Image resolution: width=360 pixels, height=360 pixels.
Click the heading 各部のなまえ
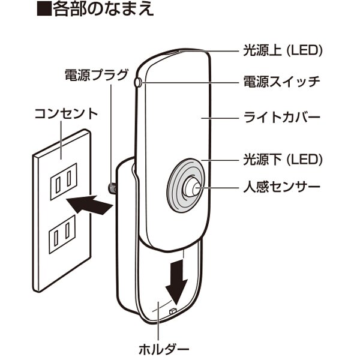104,10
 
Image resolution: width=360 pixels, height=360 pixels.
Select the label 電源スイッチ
281,81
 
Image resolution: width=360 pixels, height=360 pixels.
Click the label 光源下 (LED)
281,159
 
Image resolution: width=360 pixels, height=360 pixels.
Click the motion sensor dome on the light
192,187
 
